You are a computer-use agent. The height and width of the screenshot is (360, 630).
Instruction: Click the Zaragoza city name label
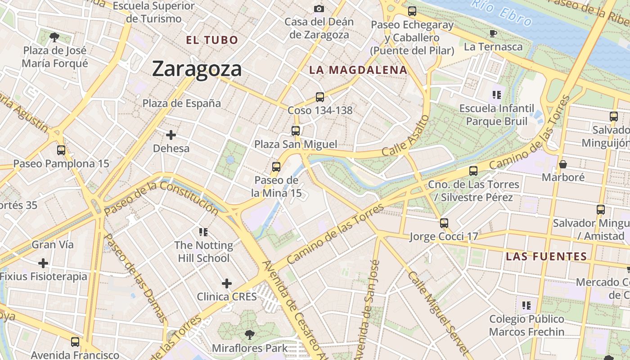[197, 69]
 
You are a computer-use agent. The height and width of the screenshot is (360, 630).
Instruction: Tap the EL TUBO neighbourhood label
[212, 40]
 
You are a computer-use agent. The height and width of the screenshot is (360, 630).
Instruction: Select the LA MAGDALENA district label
[358, 70]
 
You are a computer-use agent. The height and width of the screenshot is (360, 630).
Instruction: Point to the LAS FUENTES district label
[546, 257]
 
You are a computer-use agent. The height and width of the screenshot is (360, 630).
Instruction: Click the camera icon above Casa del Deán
[319, 9]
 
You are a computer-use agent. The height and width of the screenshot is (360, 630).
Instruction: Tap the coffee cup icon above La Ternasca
[493, 33]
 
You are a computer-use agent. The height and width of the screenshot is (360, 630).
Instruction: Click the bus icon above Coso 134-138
[320, 97]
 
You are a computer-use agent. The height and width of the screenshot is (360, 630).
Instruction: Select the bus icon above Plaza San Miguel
[296, 131]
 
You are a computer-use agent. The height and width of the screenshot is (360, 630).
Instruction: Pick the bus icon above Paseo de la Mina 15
[276, 167]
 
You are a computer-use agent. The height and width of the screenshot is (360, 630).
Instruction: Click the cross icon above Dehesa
[171, 135]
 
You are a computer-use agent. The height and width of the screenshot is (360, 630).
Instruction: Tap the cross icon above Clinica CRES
[227, 283]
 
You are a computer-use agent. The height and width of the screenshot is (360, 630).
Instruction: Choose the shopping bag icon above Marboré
[562, 164]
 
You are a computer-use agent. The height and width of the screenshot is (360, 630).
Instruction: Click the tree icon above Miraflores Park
[249, 335]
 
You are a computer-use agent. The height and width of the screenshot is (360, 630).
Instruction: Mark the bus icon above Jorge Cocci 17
[444, 223]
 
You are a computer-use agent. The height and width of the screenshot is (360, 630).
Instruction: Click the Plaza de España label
[182, 103]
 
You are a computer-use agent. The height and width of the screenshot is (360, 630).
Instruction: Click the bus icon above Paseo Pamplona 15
[61, 150]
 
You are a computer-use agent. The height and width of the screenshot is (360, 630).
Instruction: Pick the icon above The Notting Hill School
[203, 232]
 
